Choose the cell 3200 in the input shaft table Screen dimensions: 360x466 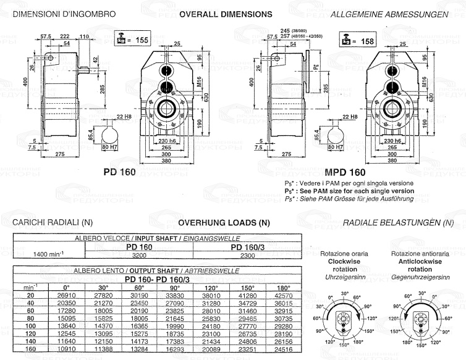point(139,254)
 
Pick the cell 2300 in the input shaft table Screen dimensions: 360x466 point(247,254)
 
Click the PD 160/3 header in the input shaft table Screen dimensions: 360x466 point(247,246)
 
